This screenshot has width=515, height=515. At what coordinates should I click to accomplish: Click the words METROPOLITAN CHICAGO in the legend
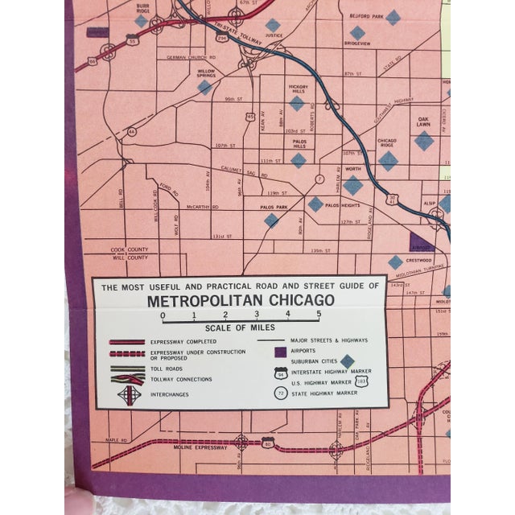pos(239,301)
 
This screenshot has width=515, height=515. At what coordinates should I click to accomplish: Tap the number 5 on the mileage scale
pos(318,315)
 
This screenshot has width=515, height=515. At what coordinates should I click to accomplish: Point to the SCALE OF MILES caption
pos(240,328)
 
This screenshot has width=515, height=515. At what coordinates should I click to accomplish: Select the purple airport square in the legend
pos(278,351)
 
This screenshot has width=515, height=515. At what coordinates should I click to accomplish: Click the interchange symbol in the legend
pos(129,395)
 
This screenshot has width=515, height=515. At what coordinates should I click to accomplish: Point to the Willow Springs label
pos(201,73)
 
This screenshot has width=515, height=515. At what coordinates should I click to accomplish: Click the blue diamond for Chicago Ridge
pos(388,160)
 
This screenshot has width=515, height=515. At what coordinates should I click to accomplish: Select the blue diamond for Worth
pos(352,185)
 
